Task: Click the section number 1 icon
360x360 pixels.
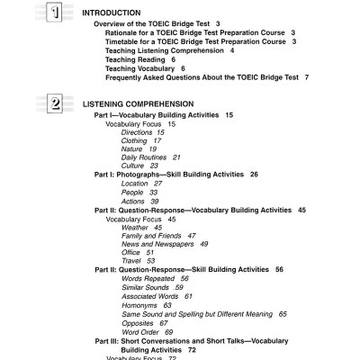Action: coord(55,13)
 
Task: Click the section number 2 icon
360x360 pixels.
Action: coord(55,103)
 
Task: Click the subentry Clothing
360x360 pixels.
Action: coord(134,140)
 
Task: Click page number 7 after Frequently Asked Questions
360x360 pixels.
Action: coord(307,77)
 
